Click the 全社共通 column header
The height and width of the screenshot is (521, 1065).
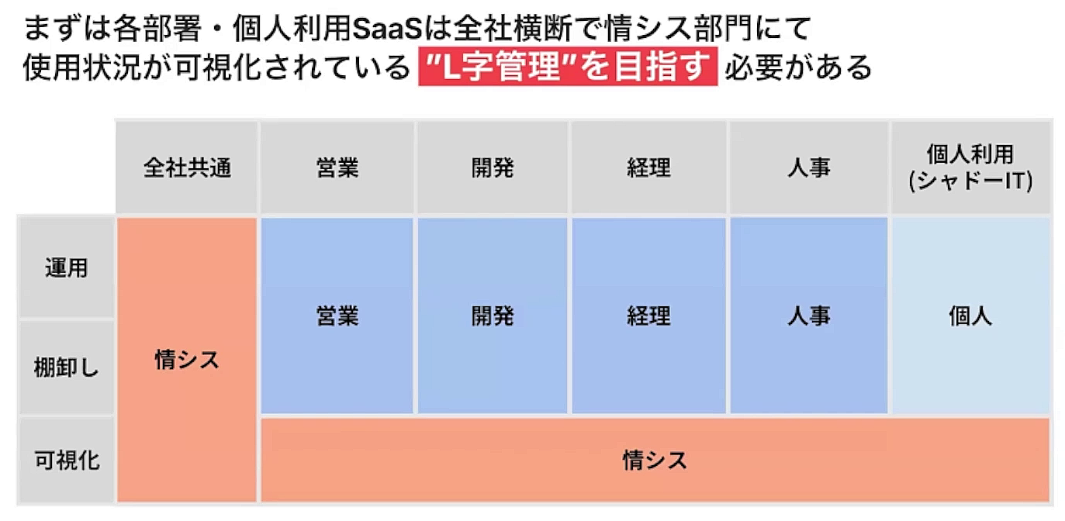(186, 167)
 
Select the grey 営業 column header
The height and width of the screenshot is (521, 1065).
(337, 167)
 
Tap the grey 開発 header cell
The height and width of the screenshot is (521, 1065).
(493, 167)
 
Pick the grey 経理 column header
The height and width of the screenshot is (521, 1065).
(648, 167)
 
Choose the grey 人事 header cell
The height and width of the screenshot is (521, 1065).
(809, 167)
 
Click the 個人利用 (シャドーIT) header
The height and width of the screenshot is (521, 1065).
(970, 167)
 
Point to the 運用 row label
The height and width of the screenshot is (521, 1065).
(67, 267)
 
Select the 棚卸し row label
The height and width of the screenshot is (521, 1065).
(67, 367)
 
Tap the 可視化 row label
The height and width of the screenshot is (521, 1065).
(67, 460)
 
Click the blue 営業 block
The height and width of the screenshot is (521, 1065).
(337, 316)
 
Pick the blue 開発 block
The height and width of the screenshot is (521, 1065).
(493, 316)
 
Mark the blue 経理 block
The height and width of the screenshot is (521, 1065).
(648, 316)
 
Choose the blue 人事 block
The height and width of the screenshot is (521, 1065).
(809, 316)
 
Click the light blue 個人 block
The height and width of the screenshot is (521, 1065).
(970, 316)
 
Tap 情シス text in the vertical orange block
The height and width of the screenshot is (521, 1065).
(187, 360)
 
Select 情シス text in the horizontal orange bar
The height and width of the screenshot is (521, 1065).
(655, 461)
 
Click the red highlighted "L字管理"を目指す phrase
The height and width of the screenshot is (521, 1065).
(568, 66)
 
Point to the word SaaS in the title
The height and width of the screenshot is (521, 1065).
(387, 29)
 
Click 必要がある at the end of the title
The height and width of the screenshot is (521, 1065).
(798, 67)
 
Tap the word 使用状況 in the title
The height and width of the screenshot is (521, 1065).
(81, 67)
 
